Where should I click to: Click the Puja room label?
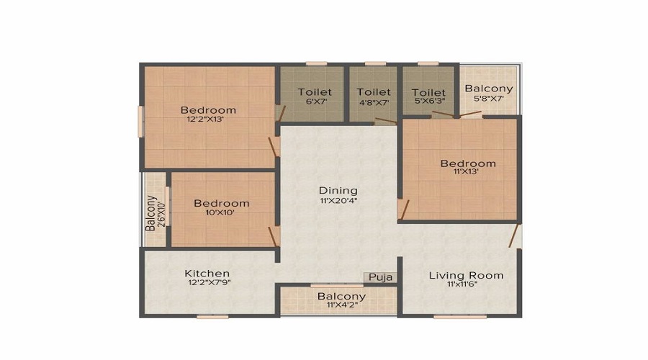[x=380, y=277]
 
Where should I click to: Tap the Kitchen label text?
[x=207, y=273]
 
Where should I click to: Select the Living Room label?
[x=466, y=275]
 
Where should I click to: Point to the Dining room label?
[x=338, y=191]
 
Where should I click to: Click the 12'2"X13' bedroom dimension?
[x=205, y=120]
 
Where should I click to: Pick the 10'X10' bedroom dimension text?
[x=220, y=213]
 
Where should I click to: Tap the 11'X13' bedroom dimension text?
[x=466, y=171]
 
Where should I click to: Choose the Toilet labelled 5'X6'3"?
[x=428, y=92]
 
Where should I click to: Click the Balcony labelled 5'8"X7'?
[x=488, y=88]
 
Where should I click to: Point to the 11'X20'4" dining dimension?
[x=338, y=201]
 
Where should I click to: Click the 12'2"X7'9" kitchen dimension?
[x=209, y=283]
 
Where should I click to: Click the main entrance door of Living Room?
[x=513, y=236]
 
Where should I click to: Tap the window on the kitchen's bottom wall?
[x=212, y=317]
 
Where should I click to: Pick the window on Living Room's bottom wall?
[x=460, y=317]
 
